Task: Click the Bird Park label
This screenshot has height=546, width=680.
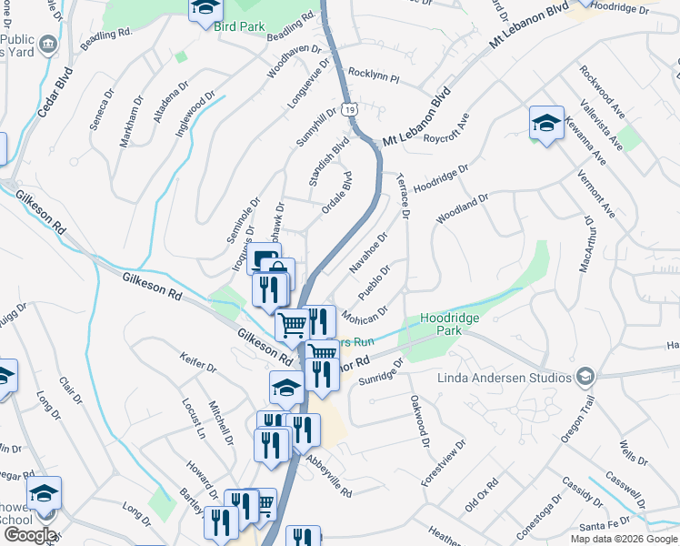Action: click(240, 26)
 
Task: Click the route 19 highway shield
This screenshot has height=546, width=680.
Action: click(350, 109)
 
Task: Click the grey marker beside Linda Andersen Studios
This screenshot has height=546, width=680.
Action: click(585, 376)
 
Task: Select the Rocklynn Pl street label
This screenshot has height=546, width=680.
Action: click(374, 76)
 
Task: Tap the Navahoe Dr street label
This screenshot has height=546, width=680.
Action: click(368, 253)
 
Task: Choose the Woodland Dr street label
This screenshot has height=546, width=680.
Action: click(463, 208)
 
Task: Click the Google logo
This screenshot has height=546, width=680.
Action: click(30, 535)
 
